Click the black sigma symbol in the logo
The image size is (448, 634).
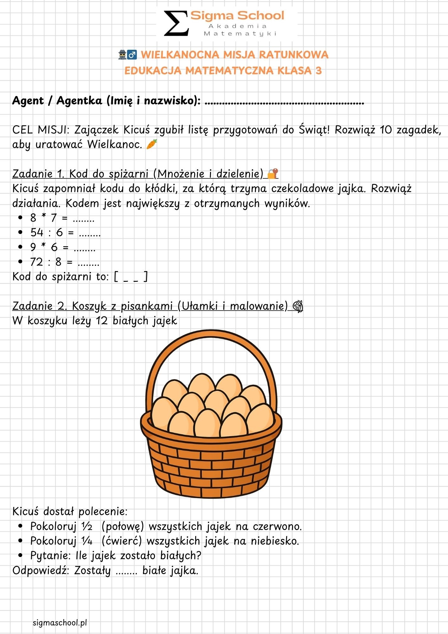[x=176, y=23]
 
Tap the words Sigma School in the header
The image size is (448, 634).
[x=237, y=15]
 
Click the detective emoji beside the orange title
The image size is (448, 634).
[x=123, y=55]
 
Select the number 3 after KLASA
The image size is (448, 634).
[x=318, y=70]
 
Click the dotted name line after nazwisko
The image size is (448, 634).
[x=284, y=102]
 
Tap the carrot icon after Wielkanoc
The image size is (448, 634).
[x=152, y=144]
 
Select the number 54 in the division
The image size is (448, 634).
[x=37, y=232]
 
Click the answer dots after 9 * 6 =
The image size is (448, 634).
[x=84, y=248]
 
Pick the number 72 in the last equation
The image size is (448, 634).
[x=36, y=262]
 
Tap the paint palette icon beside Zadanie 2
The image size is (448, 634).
[x=298, y=306]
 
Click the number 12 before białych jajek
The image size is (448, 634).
[x=102, y=321]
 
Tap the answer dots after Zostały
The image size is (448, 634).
[x=126, y=571]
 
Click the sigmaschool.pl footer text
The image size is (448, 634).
[x=60, y=623]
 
